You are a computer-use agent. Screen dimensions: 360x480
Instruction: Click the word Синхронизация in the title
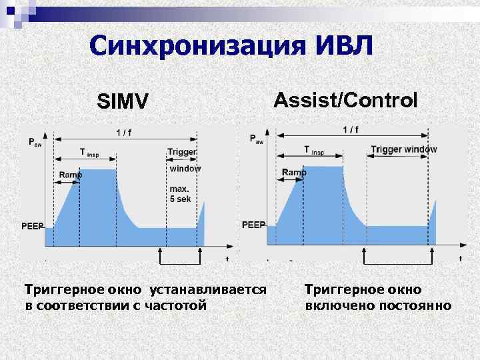194,46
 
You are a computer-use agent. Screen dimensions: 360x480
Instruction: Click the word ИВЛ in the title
342,46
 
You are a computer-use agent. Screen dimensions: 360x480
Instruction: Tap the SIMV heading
122,102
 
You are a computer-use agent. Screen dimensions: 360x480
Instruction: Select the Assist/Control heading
346,100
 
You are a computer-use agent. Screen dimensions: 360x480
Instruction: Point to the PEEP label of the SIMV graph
33,226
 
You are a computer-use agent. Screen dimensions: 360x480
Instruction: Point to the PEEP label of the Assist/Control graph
253,225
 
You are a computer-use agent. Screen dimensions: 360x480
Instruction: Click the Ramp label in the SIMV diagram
70,175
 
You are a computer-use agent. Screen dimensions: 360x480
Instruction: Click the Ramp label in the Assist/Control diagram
294,172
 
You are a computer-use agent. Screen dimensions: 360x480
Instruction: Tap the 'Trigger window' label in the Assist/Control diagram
404,149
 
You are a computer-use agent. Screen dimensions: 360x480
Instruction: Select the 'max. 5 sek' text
179,193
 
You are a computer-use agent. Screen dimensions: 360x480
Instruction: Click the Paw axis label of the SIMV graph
33,142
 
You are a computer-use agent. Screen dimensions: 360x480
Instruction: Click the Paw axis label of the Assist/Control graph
256,139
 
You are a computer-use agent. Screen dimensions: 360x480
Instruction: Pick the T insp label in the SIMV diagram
89,153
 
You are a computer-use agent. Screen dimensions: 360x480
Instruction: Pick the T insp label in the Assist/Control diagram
314,150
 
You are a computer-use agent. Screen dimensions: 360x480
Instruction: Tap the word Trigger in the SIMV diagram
181,152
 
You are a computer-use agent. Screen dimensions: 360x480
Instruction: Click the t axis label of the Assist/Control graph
460,258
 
